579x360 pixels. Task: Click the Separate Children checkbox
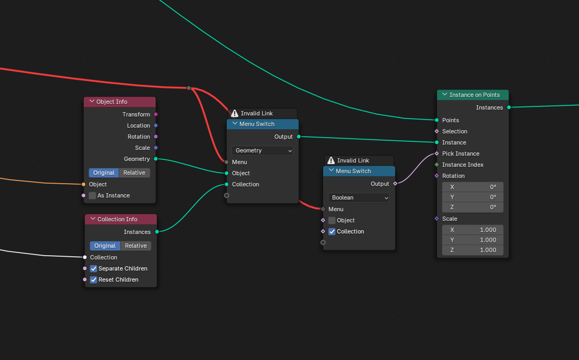93,268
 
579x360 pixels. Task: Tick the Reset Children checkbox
93,280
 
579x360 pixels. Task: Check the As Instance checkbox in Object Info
92,195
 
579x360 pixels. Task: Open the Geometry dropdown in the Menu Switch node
263,150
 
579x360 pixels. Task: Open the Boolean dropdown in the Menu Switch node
359,197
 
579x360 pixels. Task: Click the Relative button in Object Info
135,173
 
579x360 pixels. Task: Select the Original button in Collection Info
105,246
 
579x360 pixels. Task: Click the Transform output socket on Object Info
156,114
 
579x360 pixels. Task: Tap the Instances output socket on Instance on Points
509,107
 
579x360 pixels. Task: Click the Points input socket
437,120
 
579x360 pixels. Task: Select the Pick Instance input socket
437,154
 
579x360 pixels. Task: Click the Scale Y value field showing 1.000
473,240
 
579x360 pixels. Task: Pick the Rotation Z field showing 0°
473,208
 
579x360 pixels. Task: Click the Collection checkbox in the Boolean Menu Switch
332,232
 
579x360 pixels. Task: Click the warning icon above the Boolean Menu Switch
331,160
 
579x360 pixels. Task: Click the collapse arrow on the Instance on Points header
444,95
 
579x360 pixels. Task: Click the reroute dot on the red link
189,88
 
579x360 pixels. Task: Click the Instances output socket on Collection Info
157,232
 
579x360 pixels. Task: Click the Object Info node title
112,102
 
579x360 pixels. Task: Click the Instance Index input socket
437,165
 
